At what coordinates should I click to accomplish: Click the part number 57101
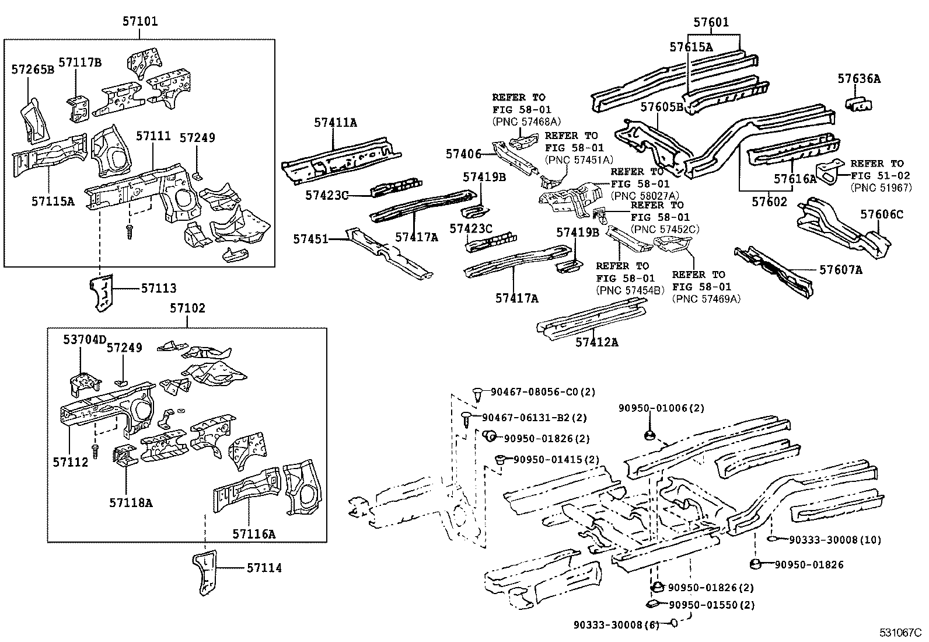(140, 22)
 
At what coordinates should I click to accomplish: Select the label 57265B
(33, 70)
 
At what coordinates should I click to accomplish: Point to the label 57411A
(336, 123)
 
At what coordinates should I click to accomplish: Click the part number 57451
(311, 239)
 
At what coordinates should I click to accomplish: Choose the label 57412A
(596, 342)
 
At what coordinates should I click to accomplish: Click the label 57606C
(881, 215)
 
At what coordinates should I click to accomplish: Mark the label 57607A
(840, 269)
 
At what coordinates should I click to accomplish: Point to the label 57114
(264, 568)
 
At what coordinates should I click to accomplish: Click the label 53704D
(85, 339)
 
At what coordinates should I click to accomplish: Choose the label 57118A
(131, 502)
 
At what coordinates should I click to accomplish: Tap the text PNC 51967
(881, 188)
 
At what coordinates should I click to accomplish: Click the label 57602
(769, 202)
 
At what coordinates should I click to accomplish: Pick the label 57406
(463, 154)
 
